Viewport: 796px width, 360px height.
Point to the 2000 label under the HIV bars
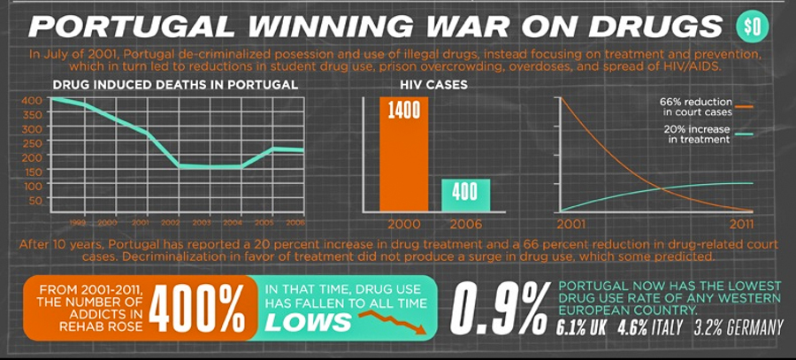[404, 224]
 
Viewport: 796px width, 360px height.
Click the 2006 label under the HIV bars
[466, 224]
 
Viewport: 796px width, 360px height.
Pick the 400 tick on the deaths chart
[30, 100]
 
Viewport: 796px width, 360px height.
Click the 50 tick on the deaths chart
[34, 201]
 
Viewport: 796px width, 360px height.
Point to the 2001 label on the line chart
[574, 224]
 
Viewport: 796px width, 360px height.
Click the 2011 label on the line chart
[738, 224]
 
